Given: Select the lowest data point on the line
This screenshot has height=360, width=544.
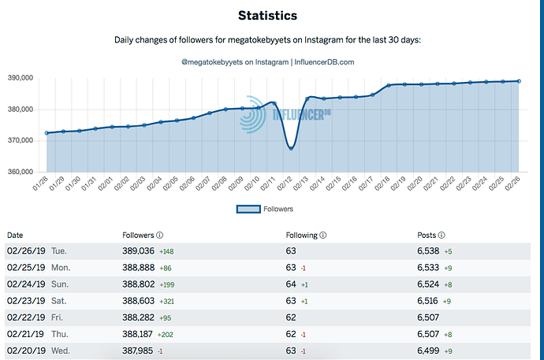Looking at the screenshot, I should click(291, 148).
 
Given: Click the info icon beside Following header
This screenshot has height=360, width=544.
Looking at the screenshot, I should click(323, 235).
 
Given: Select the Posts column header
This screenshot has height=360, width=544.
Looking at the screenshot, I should click(427, 235).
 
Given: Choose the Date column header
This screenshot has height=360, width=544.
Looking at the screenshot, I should click(15, 235).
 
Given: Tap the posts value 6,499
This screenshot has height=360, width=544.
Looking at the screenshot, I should click(430, 350).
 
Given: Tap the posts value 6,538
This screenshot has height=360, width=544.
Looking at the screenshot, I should click(430, 251).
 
